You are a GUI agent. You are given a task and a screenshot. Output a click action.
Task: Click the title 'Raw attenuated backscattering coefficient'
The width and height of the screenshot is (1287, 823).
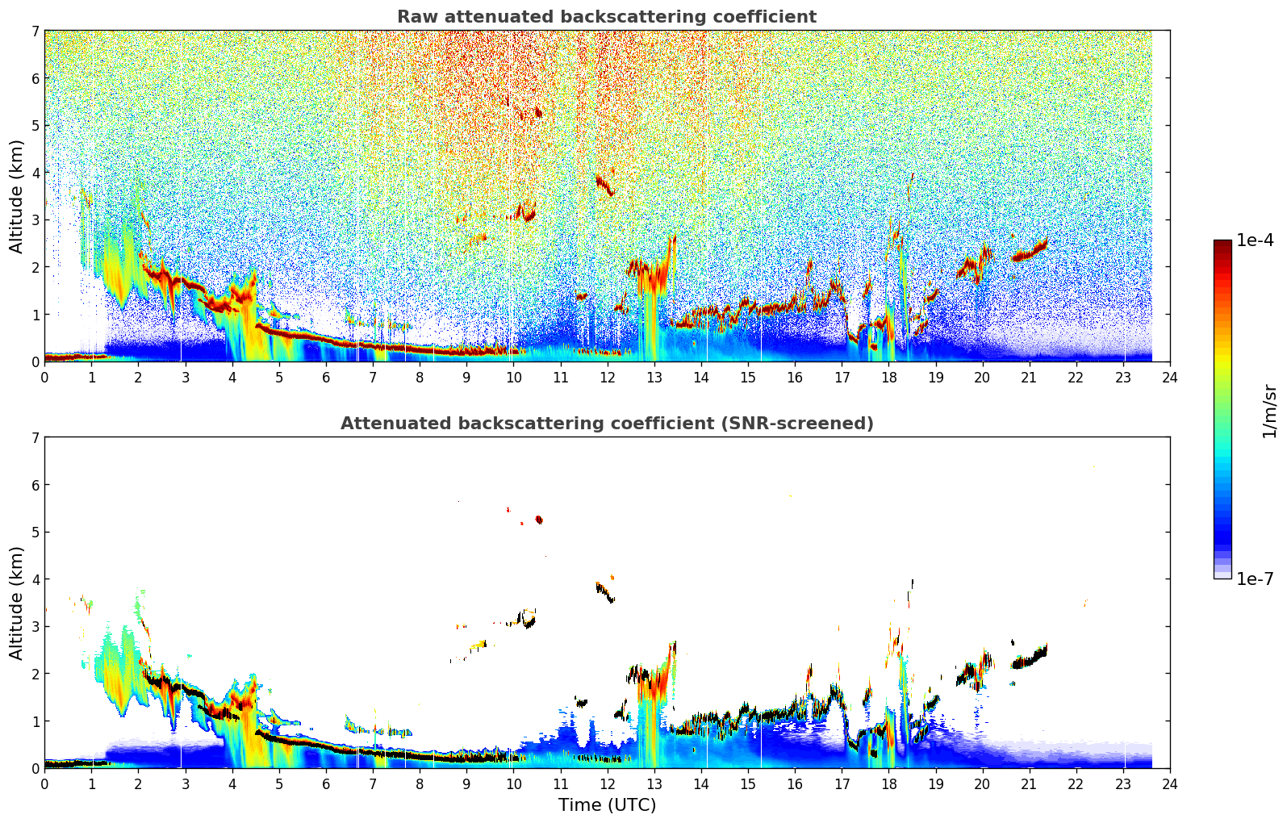(606, 17)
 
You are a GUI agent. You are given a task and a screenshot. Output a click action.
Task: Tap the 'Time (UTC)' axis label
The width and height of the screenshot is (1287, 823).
(607, 804)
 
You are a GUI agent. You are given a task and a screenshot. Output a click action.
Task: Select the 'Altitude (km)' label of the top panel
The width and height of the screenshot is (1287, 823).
(16, 196)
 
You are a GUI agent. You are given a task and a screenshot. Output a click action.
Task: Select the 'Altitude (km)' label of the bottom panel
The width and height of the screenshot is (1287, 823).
(16, 603)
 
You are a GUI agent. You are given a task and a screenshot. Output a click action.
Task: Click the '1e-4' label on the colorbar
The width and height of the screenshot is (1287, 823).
(1255, 240)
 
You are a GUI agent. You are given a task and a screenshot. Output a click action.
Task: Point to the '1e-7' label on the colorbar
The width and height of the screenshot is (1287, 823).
(1255, 579)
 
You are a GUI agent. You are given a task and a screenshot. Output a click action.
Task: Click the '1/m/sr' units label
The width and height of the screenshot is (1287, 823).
(1269, 411)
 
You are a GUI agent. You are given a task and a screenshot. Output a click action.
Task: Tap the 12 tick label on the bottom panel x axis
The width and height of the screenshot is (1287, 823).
(607, 784)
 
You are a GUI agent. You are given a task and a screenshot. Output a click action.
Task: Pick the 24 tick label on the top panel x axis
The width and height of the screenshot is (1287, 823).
(1169, 378)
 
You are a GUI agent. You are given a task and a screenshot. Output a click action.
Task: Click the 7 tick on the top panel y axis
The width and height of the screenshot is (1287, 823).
(36, 31)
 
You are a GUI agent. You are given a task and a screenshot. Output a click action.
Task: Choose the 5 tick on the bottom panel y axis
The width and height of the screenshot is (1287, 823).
(36, 532)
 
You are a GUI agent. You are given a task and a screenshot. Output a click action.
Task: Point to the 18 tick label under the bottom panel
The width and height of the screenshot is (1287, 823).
(888, 784)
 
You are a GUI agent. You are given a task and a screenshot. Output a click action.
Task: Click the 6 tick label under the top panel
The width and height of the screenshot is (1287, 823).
(326, 378)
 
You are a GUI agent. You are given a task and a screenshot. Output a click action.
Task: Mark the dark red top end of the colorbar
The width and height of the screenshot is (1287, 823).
(1222, 244)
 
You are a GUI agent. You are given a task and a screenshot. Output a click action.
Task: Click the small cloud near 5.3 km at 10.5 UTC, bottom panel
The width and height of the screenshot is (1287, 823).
(539, 520)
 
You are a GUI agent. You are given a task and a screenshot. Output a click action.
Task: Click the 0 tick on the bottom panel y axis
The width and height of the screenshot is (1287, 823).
(36, 768)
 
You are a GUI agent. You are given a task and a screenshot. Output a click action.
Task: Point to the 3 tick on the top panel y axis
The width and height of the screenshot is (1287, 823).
(36, 219)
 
